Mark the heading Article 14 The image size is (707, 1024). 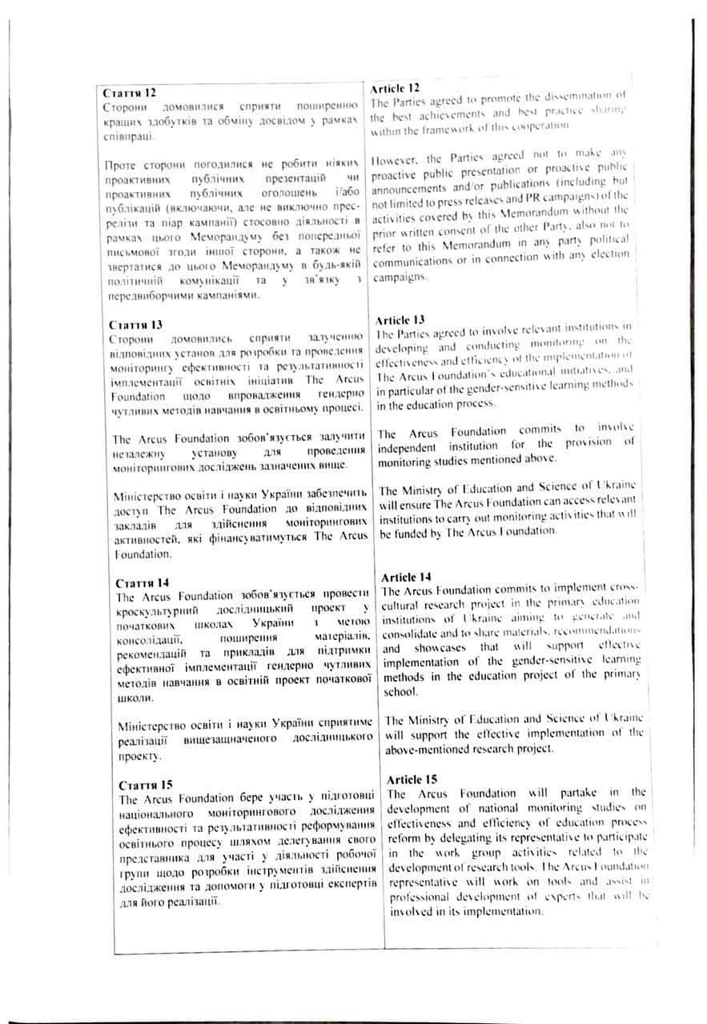coord(407,577)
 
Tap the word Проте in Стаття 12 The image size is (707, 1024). coord(122,165)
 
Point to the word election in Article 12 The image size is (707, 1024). coord(605,254)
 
